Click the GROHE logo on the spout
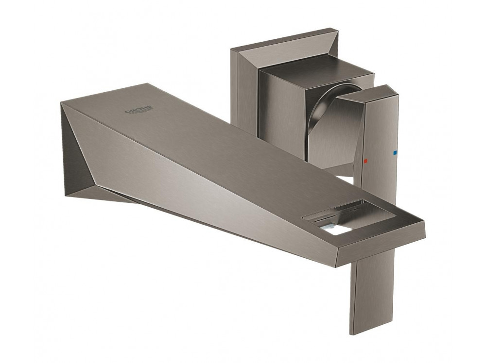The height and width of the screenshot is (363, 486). coord(139,110)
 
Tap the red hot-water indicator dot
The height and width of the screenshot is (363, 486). coord(365,161)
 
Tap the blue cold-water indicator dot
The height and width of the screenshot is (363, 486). coord(395,152)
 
